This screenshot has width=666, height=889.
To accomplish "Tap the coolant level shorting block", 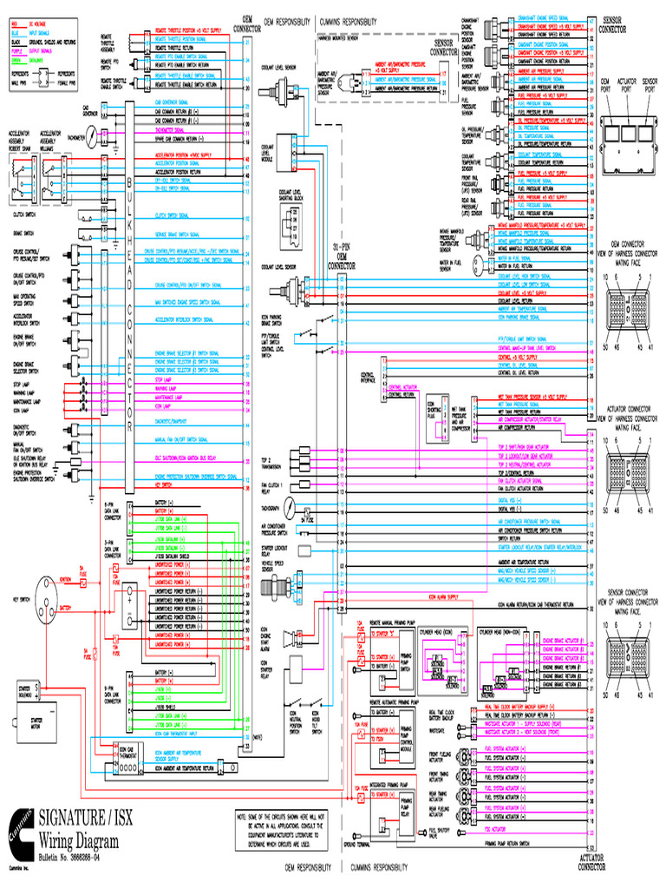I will coord(291,225).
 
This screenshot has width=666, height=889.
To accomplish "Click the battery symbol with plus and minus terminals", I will coord(131,601).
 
